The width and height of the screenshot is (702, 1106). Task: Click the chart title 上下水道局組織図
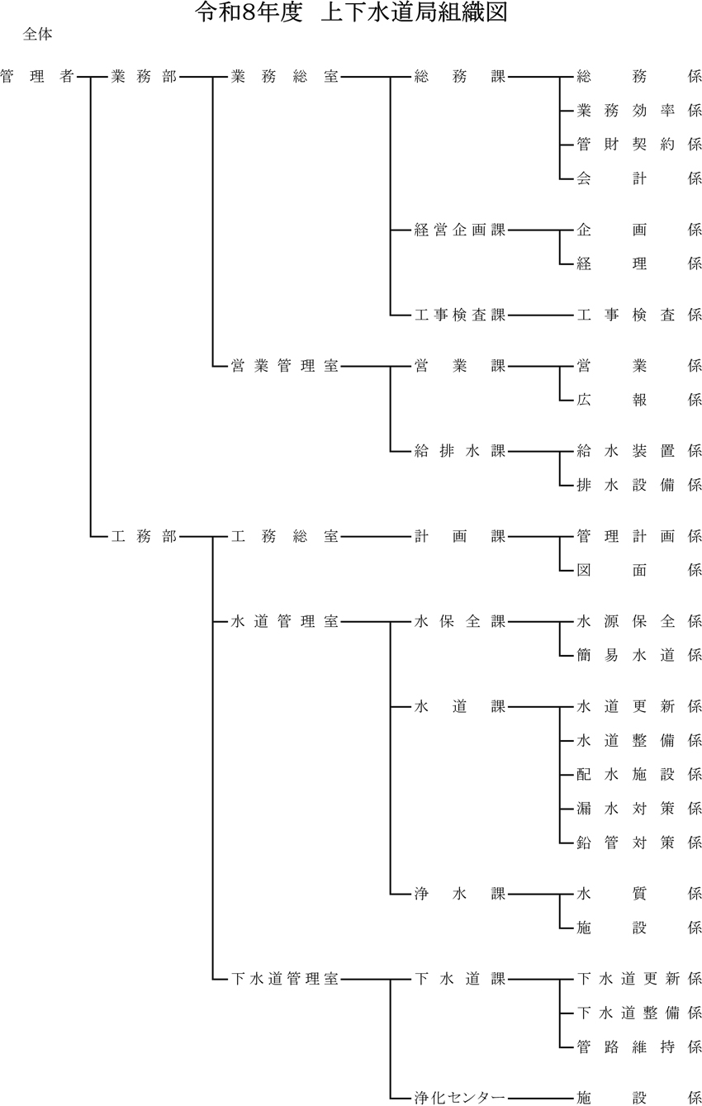(x=351, y=13)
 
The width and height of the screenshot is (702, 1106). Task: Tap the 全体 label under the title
(x=39, y=35)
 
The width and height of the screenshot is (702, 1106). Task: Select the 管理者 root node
(x=37, y=77)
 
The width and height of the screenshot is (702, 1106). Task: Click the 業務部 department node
(x=144, y=77)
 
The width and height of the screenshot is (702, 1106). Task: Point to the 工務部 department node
(x=144, y=536)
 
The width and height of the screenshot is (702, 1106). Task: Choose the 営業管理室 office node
(x=285, y=366)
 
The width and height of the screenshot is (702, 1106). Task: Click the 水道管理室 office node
(x=285, y=622)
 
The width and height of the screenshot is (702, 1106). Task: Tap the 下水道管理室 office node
(x=285, y=980)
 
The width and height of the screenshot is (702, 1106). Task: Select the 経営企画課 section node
(x=459, y=230)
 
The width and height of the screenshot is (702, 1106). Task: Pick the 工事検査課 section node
(x=459, y=315)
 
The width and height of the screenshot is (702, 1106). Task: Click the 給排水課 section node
(x=459, y=451)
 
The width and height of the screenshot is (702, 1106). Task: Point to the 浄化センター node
(x=459, y=1099)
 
